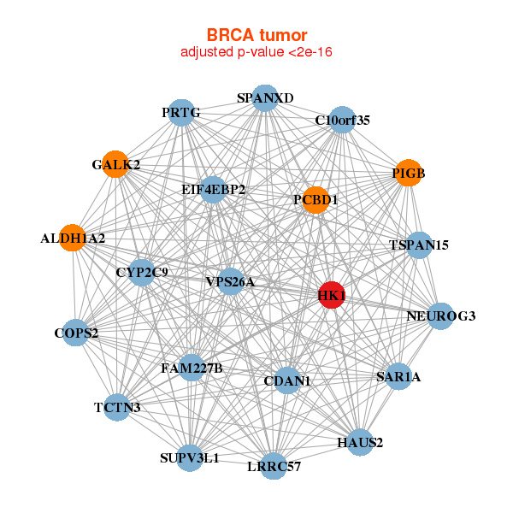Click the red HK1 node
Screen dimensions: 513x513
tap(331, 295)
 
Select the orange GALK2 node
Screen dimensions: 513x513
tap(115, 163)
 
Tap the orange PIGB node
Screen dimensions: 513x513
tap(408, 174)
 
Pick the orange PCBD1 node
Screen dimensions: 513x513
tap(315, 200)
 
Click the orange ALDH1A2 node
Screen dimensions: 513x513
tap(73, 238)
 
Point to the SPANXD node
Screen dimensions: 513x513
tap(265, 98)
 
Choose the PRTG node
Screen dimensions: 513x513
tap(180, 112)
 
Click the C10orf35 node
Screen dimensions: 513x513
tap(342, 120)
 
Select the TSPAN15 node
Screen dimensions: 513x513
tap(419, 245)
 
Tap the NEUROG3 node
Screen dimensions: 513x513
tap(440, 316)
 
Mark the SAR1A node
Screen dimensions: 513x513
tap(398, 376)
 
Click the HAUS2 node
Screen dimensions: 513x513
tap(360, 442)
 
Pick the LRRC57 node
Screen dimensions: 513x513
tap(274, 466)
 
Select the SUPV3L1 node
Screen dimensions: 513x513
tap(190, 457)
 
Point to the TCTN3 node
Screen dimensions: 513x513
tap(117, 407)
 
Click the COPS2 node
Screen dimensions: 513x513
tap(76, 333)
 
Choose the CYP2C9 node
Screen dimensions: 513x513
tap(142, 273)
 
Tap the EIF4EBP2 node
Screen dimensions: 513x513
tap(214, 190)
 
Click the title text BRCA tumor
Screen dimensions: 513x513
tap(256, 35)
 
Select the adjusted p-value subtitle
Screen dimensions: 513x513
tap(256, 52)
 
